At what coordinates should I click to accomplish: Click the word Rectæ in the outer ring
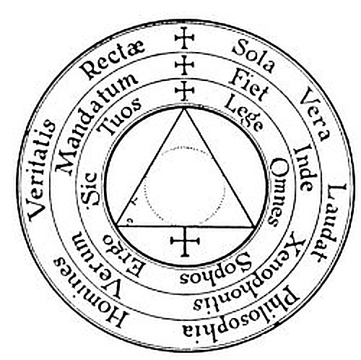click(113, 60)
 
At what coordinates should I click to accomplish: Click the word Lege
click(243, 113)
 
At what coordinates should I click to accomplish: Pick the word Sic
click(90, 189)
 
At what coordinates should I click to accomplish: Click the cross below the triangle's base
click(185, 241)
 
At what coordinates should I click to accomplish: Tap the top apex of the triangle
click(185, 108)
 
